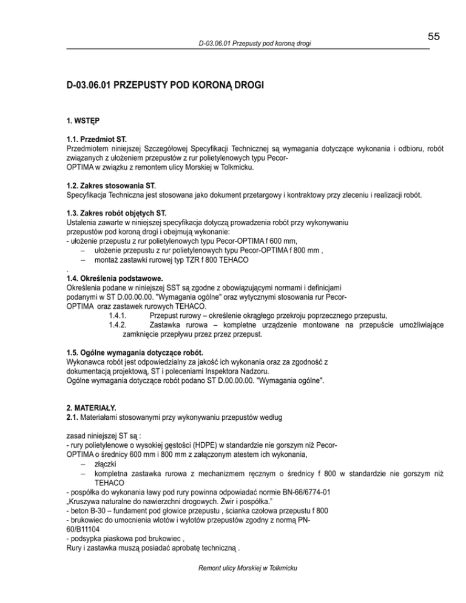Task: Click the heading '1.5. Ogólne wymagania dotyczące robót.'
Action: (x=135, y=353)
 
